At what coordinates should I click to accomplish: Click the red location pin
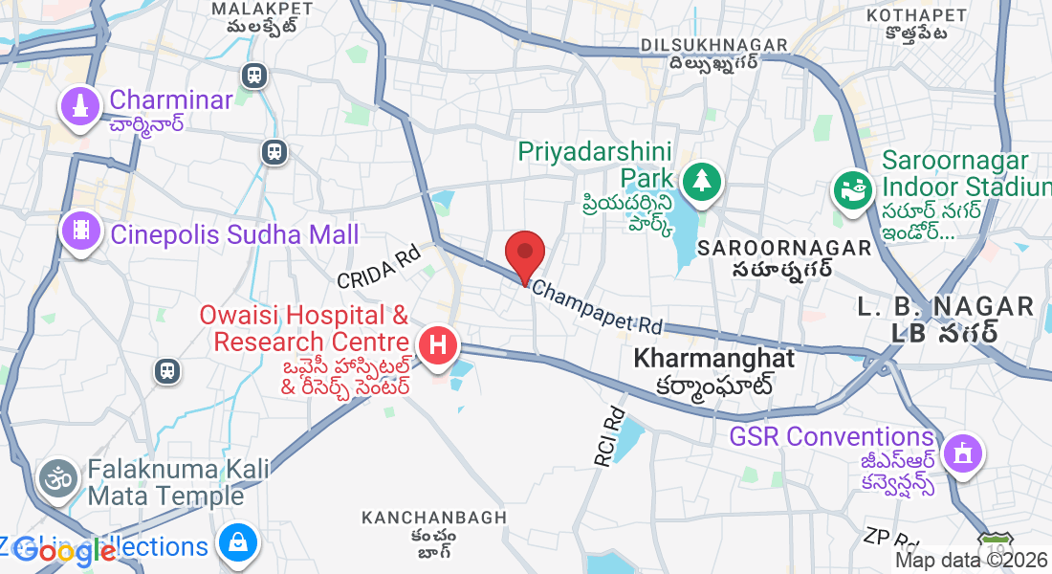click(x=524, y=254)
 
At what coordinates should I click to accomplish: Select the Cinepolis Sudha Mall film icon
click(x=80, y=230)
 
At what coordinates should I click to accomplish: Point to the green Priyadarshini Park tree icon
click(x=702, y=180)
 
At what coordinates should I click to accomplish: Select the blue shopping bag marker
click(x=235, y=542)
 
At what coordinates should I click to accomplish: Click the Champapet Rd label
click(x=597, y=306)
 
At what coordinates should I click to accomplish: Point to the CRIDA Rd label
click(x=379, y=267)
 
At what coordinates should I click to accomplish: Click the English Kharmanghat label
click(x=714, y=359)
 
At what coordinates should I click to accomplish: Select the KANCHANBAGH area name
click(x=433, y=518)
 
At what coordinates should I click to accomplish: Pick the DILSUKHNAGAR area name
click(x=714, y=45)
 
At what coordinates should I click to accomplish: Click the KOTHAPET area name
click(x=916, y=15)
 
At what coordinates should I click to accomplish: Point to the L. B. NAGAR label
click(x=946, y=306)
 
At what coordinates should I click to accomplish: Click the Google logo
click(x=65, y=552)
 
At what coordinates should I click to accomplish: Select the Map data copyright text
click(x=972, y=561)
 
